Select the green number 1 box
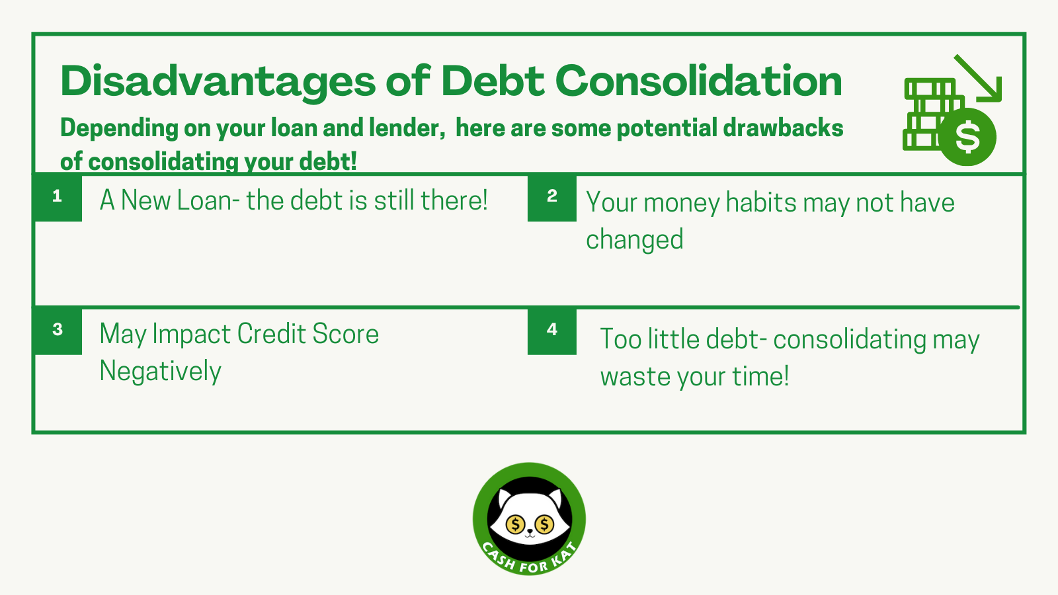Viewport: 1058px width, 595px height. [x=58, y=196]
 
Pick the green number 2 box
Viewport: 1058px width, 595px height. [x=552, y=196]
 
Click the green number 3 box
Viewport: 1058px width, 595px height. [x=58, y=330]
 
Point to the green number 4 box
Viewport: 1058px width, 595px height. [x=552, y=330]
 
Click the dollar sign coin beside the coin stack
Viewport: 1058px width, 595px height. [x=967, y=137]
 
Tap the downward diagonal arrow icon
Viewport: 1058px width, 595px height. [x=979, y=79]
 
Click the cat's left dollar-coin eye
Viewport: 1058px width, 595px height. [x=515, y=525]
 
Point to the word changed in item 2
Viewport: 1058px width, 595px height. [x=634, y=239]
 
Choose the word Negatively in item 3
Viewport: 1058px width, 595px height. [x=160, y=371]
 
